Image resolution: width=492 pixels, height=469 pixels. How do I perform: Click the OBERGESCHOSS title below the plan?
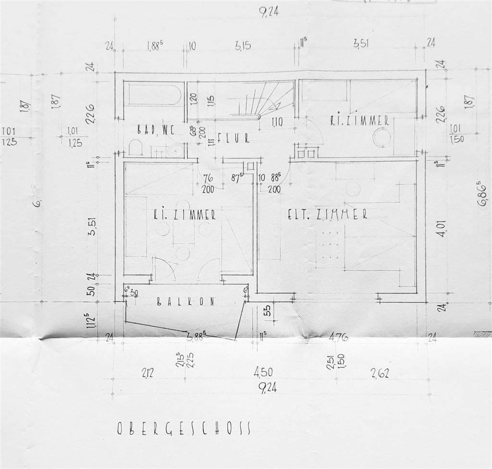point(184,428)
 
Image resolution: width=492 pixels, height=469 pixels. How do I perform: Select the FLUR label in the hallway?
point(233,138)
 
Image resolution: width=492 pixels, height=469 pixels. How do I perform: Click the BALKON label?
point(185,301)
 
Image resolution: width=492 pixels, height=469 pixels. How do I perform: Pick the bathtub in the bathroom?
point(152,94)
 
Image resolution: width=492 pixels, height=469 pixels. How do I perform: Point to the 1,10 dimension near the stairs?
point(277,123)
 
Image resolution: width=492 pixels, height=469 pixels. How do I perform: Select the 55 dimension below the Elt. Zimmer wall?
point(267,311)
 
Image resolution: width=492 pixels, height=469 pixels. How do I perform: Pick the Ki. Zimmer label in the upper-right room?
point(359,122)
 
